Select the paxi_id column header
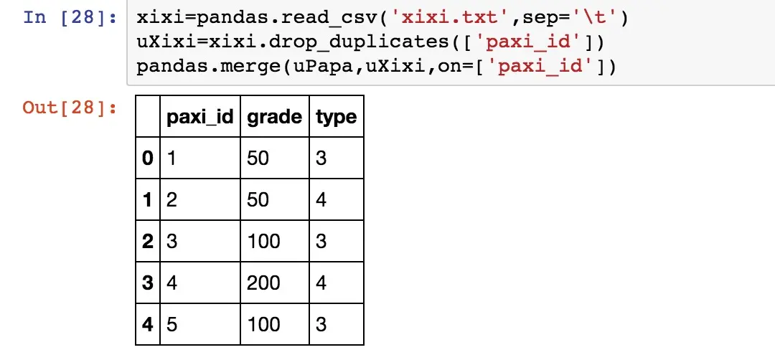point(200,116)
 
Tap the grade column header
point(274,116)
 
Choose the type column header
point(336,116)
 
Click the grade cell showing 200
point(263,282)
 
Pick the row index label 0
point(148,157)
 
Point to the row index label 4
point(148,323)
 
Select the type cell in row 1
point(321,199)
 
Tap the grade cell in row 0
point(258,157)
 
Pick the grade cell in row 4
point(263,323)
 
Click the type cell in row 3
point(321,282)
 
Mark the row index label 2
point(148,240)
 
